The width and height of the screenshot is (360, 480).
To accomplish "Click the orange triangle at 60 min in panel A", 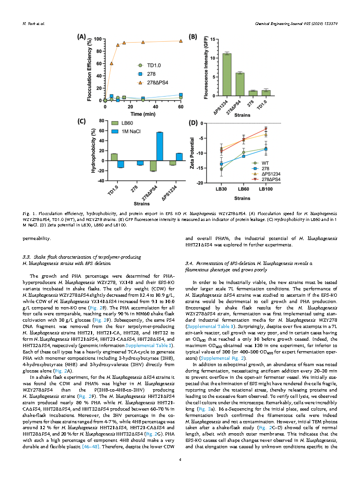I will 181,41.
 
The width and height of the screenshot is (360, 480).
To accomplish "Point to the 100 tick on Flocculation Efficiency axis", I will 99,39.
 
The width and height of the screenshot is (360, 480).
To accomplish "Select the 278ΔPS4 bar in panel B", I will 240,84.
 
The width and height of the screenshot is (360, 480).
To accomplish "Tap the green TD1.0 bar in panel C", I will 114,157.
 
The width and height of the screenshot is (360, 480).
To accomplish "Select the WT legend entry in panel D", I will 264,162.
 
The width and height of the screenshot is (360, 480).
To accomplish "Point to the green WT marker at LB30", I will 221,169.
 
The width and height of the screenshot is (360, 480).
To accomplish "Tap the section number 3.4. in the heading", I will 190,263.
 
